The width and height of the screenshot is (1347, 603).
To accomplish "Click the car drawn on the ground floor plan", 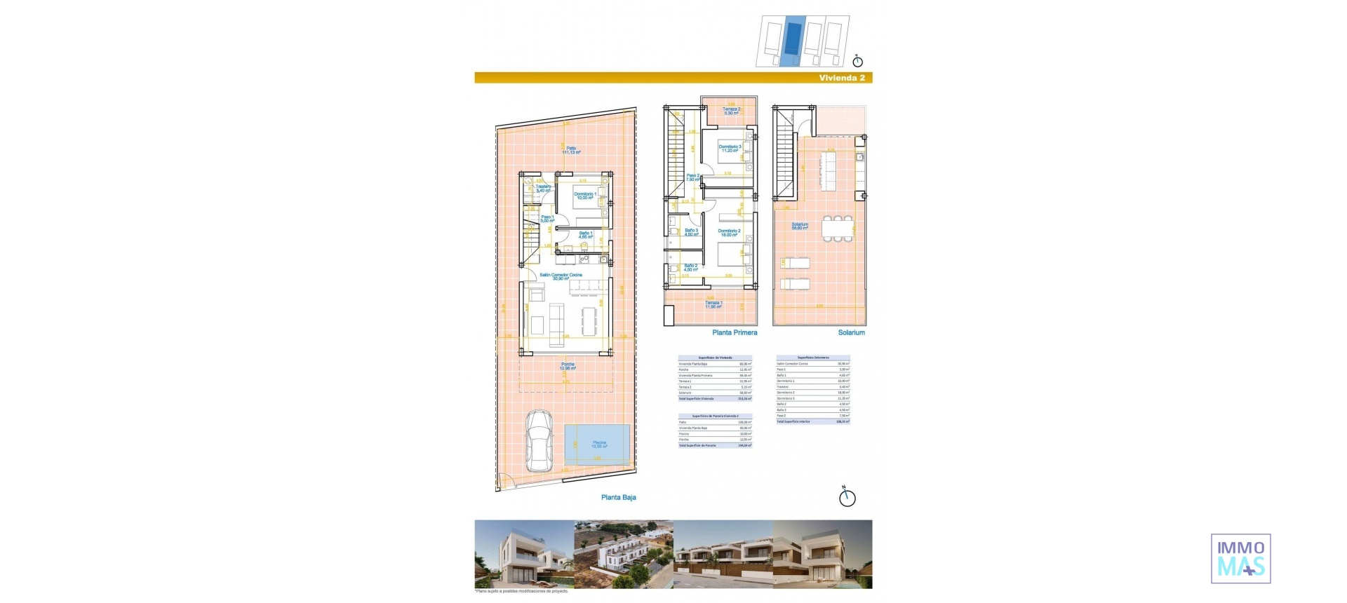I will (538, 440).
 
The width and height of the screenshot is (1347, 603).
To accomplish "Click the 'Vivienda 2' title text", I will (842, 78).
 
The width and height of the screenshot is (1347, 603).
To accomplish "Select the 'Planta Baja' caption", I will (618, 497).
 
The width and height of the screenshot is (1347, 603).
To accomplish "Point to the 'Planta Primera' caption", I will (735, 332).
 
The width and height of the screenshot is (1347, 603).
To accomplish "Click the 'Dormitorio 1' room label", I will (584, 196).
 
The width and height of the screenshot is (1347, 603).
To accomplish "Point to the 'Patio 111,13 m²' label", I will (571, 150).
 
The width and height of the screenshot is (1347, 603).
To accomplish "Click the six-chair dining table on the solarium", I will (834, 229).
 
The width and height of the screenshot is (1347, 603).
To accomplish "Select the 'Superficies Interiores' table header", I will (813, 358).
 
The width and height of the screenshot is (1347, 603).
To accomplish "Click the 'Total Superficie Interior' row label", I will (793, 421).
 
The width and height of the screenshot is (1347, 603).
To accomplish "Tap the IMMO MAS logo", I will (1240, 558).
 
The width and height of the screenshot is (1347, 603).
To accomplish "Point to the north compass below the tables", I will (847, 497).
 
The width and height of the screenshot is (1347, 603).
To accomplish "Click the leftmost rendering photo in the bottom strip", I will (524, 554).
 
